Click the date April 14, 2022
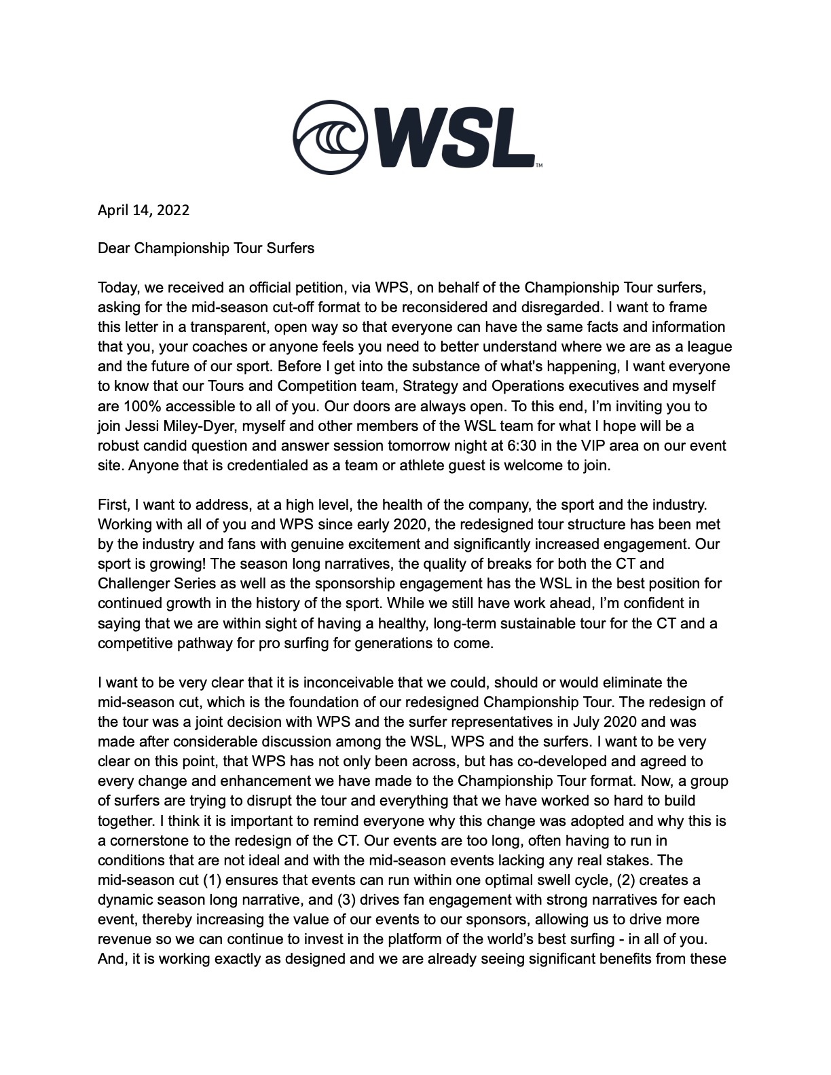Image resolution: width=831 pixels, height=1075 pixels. pyautogui.click(x=143, y=210)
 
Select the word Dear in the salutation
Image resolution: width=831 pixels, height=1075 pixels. pyautogui.click(x=114, y=248)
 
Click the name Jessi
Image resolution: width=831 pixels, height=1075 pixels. pyautogui.click(x=134, y=426)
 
